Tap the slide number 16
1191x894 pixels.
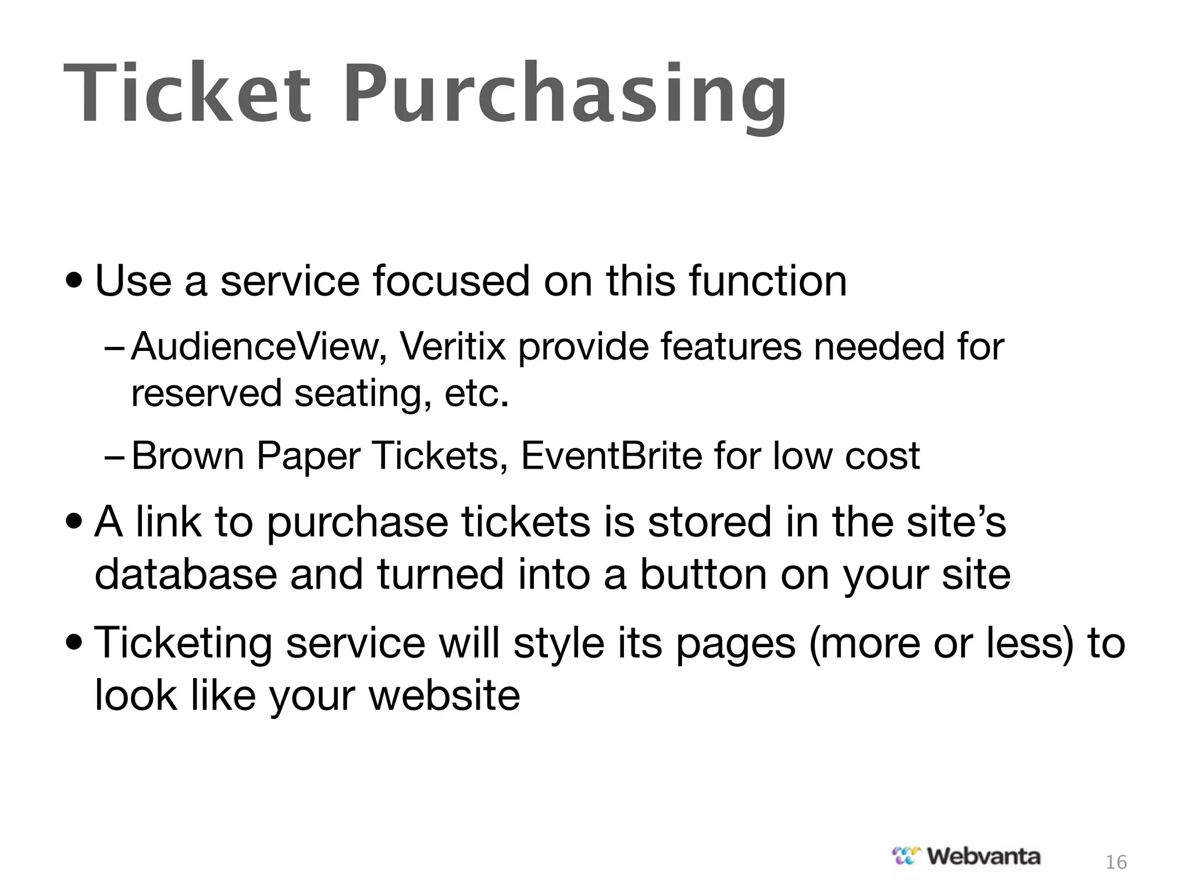[1116, 862]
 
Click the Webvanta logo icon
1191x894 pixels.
[907, 856]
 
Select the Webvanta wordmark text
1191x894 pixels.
[983, 856]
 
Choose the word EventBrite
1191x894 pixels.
[611, 455]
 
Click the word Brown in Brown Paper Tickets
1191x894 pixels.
[188, 455]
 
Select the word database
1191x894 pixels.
[186, 574]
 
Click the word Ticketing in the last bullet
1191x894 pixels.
[183, 644]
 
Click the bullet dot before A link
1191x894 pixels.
[75, 523]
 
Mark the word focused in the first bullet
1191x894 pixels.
[451, 281]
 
